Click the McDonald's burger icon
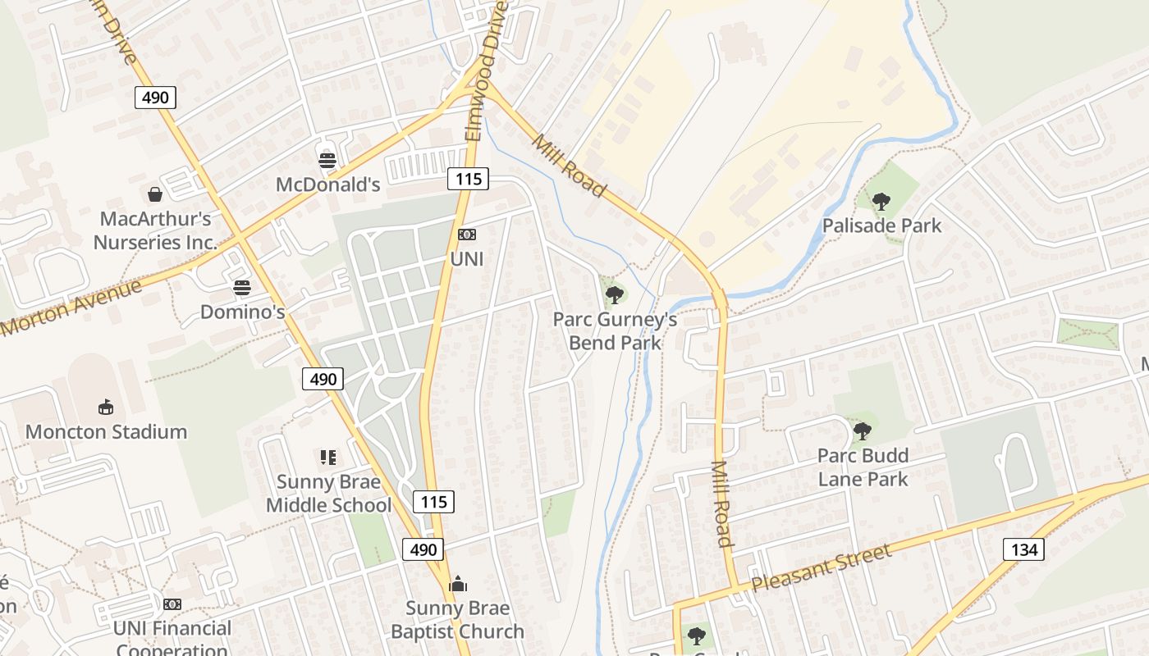click(x=327, y=160)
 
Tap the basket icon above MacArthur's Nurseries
click(x=154, y=194)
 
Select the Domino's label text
click(x=243, y=312)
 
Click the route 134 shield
click(x=1023, y=549)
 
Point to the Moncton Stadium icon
click(x=106, y=407)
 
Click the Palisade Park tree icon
click(x=881, y=201)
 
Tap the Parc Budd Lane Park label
click(x=863, y=467)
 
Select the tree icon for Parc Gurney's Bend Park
click(x=614, y=294)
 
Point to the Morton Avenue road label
click(x=72, y=308)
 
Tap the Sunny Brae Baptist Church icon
click(x=458, y=584)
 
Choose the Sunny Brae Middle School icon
click(x=328, y=458)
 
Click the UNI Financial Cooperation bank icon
click(x=172, y=604)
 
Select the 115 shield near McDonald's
click(x=468, y=178)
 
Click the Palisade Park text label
click(x=881, y=225)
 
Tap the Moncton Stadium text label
click(x=106, y=431)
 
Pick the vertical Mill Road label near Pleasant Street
click(x=721, y=503)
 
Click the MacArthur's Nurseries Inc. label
click(x=155, y=230)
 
